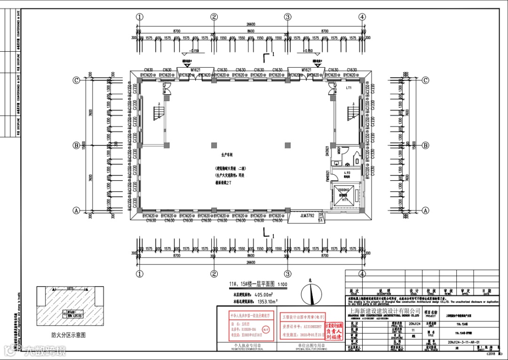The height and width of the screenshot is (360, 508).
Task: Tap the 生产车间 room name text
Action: pos(227,154)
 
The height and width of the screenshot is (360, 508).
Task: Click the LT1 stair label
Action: pos(349,88)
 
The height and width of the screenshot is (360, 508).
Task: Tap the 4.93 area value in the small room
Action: pos(346,173)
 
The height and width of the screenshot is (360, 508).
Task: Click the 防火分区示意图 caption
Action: pos(69,335)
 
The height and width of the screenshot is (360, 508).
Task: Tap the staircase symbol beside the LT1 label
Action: pos(353,113)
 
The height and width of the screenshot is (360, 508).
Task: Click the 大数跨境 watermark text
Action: pos(45,350)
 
